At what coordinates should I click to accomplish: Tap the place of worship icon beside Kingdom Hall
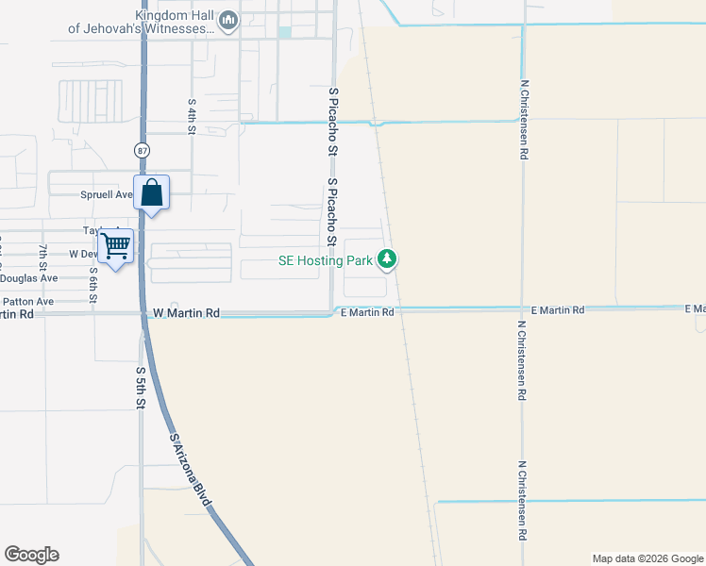pyautogui.click(x=227, y=21)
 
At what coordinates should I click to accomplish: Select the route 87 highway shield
pyautogui.click(x=142, y=150)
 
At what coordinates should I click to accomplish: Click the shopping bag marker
pyautogui.click(x=152, y=193)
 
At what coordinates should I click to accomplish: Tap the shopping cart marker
pyautogui.click(x=116, y=246)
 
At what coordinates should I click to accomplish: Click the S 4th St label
pyautogui.click(x=192, y=116)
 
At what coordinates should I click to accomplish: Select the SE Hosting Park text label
pyautogui.click(x=325, y=260)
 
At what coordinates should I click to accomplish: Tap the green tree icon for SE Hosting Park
pyautogui.click(x=386, y=258)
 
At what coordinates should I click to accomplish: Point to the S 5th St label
pyautogui.click(x=141, y=387)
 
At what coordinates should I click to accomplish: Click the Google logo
pyautogui.click(x=31, y=555)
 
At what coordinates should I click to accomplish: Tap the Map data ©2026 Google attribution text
pyautogui.click(x=647, y=558)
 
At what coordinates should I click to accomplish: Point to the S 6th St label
pyautogui.click(x=93, y=284)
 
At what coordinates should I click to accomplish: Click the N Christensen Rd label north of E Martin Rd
pyautogui.click(x=524, y=120)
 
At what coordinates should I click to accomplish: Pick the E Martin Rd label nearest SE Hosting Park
pyautogui.click(x=367, y=311)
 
